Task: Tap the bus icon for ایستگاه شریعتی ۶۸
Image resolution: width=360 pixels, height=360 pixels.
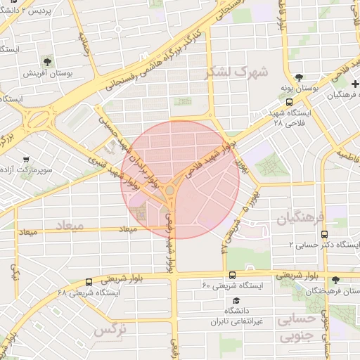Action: tap(88, 281)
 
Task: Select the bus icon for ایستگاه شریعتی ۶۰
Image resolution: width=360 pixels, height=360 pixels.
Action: tap(232, 275)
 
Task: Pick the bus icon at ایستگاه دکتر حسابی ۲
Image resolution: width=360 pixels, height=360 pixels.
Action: tap(324, 234)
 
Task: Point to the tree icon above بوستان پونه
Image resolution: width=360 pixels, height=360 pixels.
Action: tap(300, 77)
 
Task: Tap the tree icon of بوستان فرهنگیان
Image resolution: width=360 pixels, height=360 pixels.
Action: tap(335, 280)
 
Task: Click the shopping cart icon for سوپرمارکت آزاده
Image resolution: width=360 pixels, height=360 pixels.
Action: tap(26, 160)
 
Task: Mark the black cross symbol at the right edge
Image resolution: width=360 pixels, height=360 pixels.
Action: tap(354, 84)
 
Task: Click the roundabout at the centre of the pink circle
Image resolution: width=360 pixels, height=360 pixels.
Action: tap(170, 189)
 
